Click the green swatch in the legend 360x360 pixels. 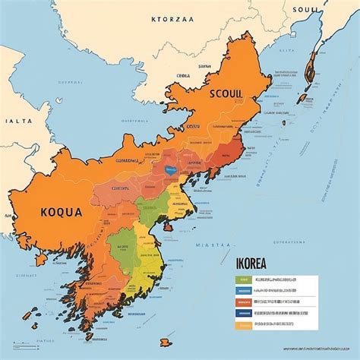242,279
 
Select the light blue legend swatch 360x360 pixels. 242,290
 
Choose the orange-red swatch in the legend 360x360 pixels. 242,301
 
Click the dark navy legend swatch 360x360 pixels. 242,311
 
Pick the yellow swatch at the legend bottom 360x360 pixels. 242,322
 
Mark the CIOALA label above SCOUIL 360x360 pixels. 183,76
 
